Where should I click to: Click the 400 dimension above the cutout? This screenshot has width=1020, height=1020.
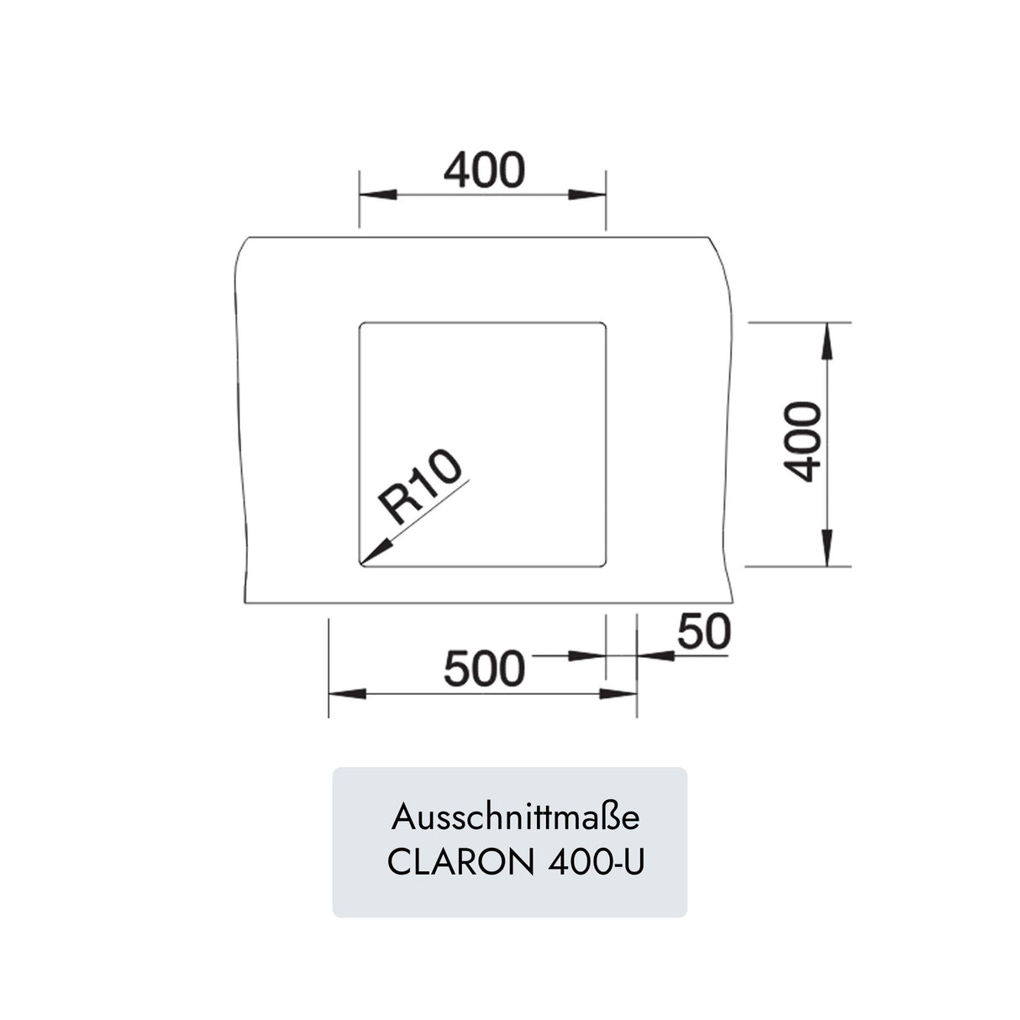click(x=484, y=170)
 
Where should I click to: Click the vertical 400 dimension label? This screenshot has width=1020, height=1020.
click(x=802, y=442)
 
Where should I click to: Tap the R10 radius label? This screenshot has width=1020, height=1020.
click(x=420, y=486)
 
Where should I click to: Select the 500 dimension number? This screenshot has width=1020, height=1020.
click(x=484, y=669)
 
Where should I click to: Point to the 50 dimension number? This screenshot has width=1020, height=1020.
click(x=704, y=632)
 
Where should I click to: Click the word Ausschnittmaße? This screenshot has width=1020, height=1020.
click(x=516, y=818)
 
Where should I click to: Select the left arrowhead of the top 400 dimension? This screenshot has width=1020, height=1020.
click(x=378, y=195)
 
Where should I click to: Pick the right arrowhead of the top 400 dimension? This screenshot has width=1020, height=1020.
click(x=587, y=195)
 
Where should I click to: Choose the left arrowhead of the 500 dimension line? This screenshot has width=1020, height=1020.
click(x=347, y=694)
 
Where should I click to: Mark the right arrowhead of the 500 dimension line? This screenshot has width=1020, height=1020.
click(x=618, y=694)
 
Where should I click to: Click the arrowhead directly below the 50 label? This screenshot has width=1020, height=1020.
click(x=656, y=656)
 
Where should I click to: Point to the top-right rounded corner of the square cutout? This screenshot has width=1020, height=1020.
click(x=603, y=324)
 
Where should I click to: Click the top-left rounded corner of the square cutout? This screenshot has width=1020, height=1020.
click(x=362, y=324)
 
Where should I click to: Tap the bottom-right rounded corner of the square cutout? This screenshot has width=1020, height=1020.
click(x=603, y=564)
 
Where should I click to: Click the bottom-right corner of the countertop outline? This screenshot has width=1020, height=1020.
click(x=733, y=602)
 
